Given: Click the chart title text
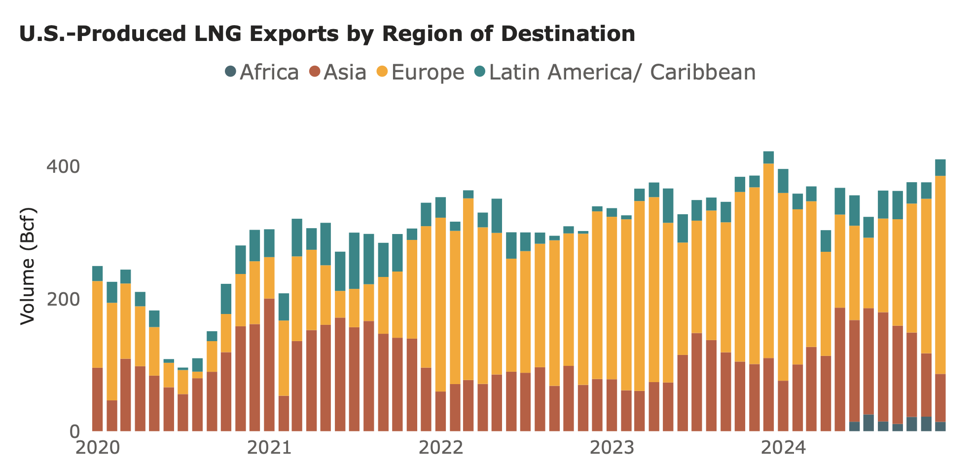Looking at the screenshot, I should point(326,34).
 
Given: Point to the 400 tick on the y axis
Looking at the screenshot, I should point(63,167).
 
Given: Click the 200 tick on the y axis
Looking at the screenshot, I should point(63,300).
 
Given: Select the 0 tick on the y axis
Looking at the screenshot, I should point(74,431).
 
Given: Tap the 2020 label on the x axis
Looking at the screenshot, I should point(98,448).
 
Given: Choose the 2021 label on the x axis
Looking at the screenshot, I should point(269,448).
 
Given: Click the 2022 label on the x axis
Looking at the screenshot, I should point(440,448).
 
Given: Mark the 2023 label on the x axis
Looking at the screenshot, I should point(612,448).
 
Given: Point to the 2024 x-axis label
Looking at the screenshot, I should point(783,448).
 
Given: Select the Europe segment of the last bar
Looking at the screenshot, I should point(940,274).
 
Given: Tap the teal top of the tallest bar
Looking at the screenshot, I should point(768,157).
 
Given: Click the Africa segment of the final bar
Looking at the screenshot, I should point(940,427).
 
